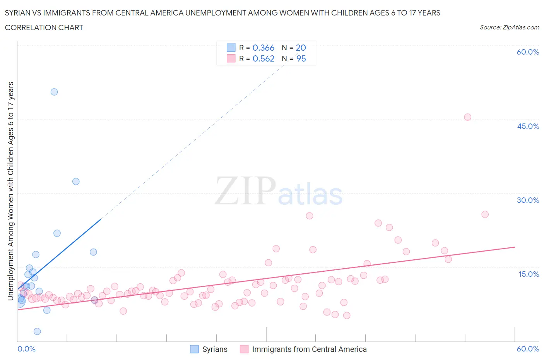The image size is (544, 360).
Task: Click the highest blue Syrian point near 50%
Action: click(x=54, y=92)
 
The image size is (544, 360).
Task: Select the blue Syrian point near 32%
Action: click(x=76, y=182)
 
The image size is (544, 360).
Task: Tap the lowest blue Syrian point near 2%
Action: click(x=37, y=331)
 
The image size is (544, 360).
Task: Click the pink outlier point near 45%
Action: click(x=467, y=117)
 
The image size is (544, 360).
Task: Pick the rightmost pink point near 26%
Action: click(x=485, y=214)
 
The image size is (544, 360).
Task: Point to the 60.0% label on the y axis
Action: click(x=528, y=52)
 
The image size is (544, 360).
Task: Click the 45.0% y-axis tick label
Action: click(x=528, y=126)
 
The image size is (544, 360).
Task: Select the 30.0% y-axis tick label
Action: click(x=528, y=200)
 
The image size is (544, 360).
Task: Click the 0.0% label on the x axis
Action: click(x=26, y=349)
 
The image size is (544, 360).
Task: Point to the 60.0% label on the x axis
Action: click(x=528, y=349)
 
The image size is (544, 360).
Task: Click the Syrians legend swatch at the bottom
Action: click(x=194, y=349)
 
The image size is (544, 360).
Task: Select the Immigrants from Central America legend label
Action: click(x=309, y=349)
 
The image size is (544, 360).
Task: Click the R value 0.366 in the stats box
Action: click(x=263, y=48)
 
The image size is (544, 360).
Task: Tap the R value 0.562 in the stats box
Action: click(x=263, y=58)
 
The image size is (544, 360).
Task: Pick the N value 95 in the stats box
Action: click(x=301, y=58)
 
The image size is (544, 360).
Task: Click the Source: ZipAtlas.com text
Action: click(x=509, y=27)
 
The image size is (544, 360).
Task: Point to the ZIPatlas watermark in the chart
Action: click(x=279, y=192)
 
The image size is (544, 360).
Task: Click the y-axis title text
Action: click(x=10, y=191)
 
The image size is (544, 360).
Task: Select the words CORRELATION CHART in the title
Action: click(x=44, y=27)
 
